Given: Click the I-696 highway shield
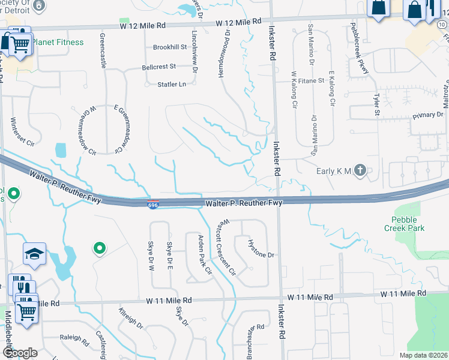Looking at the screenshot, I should pos(154,205).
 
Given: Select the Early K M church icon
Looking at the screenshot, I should pos(360,171).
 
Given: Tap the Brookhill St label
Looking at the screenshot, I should pos(170,47).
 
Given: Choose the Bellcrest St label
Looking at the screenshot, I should pos(158,67).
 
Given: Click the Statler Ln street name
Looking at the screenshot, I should pos(171,84).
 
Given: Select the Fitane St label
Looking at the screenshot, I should pos(311,80).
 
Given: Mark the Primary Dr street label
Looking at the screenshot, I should pos(427,114).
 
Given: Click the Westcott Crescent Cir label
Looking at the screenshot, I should pos(226,247).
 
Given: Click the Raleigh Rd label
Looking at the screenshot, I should pos(74,338).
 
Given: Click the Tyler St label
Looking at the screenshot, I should pos(377,104).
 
